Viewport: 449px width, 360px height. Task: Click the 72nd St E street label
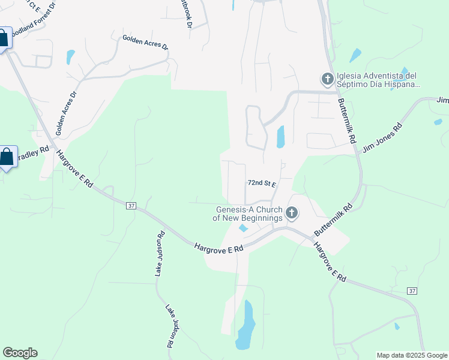point(261,183)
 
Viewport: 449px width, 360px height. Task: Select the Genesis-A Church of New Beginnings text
point(247,214)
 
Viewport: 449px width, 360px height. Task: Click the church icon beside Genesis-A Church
point(292,212)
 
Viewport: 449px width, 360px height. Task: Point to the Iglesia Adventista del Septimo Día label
point(376,80)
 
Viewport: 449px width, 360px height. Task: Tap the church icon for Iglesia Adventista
point(327,79)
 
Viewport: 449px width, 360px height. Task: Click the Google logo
point(20,353)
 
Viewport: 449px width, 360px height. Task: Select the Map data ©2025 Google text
point(411,355)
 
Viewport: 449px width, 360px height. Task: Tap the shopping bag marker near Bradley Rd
point(6,158)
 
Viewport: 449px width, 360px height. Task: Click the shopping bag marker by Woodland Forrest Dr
point(4,39)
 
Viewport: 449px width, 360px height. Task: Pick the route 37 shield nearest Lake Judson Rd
point(131,206)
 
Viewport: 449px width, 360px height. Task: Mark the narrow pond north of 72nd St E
point(280,137)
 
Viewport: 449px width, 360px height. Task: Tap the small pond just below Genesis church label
point(243,229)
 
